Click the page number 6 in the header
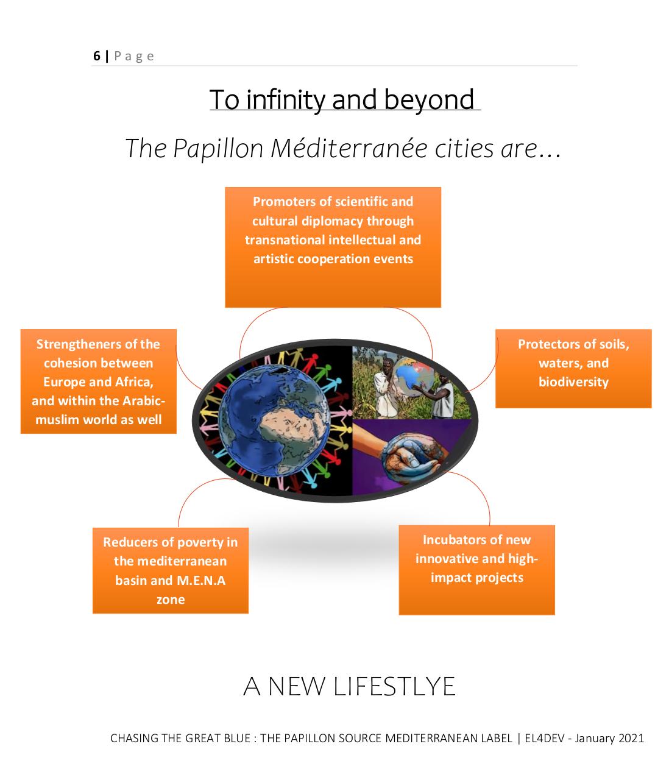click(x=97, y=56)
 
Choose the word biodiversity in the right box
click(x=573, y=381)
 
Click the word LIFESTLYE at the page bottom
click(x=394, y=687)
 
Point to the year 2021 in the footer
click(x=631, y=738)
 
